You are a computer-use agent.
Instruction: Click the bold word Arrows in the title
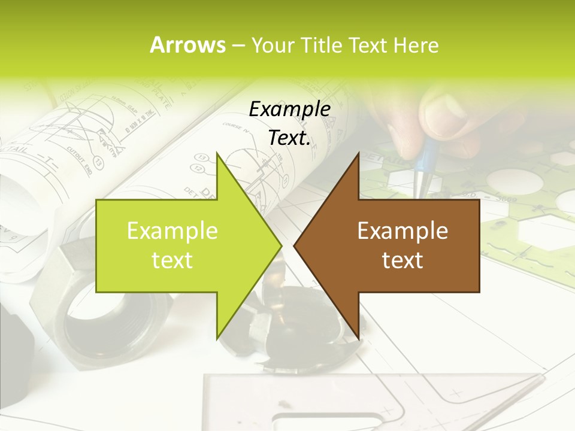(x=187, y=45)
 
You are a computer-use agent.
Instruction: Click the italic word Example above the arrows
(x=289, y=110)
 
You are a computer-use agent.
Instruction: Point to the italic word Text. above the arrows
(x=289, y=138)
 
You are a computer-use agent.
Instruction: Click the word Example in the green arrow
(x=172, y=231)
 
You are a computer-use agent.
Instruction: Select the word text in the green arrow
(x=172, y=260)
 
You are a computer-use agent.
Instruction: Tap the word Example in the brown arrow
(x=402, y=231)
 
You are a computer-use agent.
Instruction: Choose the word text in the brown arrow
(x=402, y=260)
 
